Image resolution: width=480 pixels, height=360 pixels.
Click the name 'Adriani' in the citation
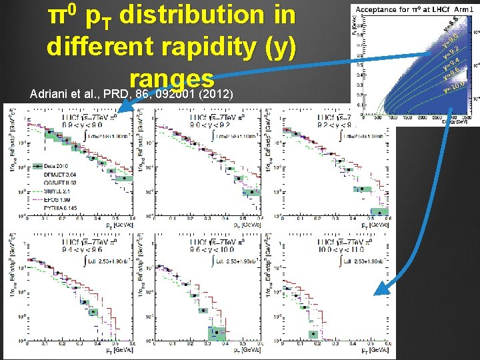click(x=44, y=93)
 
